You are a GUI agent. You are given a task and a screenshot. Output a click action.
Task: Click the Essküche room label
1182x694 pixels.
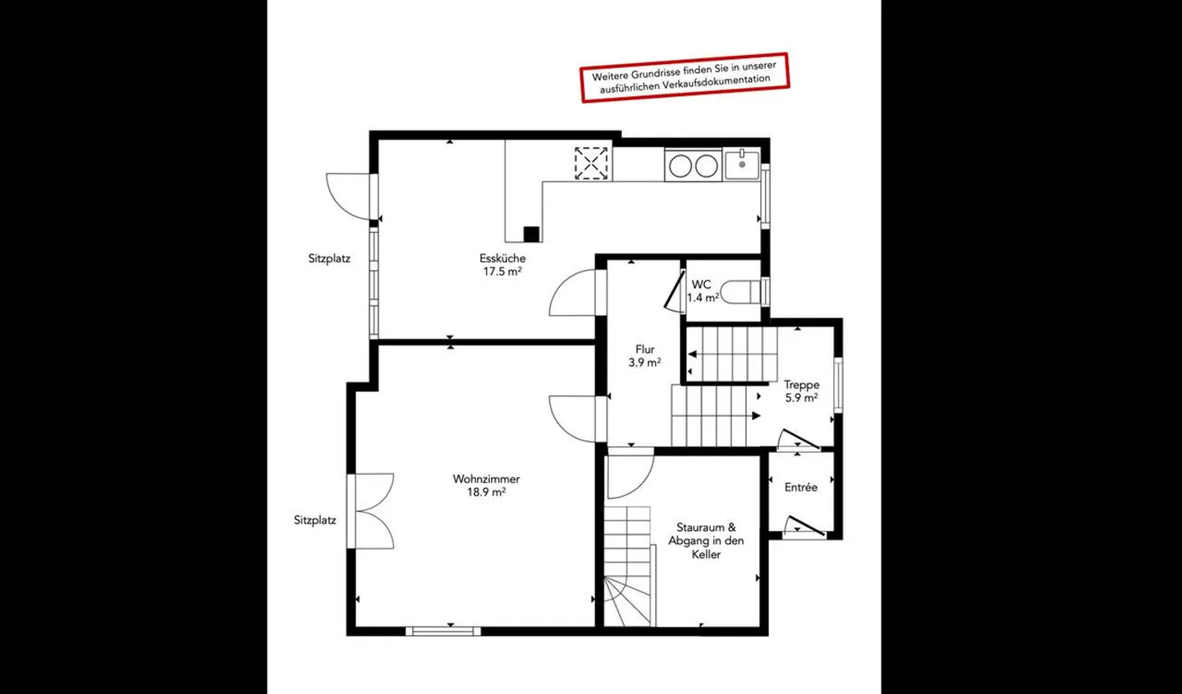(502, 258)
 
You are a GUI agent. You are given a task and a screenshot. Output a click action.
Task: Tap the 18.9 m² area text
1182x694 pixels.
(486, 492)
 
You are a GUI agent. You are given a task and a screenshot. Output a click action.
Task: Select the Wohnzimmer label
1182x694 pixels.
(486, 479)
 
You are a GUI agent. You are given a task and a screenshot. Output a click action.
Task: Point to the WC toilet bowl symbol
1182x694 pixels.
(740, 292)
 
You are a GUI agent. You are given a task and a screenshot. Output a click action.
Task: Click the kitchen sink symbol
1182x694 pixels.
(741, 165)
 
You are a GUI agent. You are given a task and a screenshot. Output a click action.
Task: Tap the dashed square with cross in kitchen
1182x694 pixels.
(591, 163)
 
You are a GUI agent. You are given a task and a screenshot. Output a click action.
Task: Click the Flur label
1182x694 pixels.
(645, 349)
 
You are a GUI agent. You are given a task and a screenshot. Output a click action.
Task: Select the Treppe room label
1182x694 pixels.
(801, 385)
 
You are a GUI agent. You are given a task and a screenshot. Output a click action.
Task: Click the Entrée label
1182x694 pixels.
(800, 487)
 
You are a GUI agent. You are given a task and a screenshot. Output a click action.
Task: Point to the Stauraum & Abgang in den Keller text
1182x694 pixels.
(706, 541)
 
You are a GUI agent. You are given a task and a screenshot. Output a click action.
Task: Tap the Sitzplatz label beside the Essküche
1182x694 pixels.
(329, 259)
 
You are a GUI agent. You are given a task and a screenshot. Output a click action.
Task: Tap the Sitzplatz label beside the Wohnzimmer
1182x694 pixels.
(315, 520)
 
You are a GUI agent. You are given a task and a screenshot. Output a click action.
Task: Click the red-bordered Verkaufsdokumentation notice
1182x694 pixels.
(685, 77)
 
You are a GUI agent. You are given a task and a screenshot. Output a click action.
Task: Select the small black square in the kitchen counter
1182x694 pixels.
(531, 234)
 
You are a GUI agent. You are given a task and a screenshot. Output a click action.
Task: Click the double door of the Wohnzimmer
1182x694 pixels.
(370, 511)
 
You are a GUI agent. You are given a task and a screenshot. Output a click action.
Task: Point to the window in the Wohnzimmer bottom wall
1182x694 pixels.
(443, 631)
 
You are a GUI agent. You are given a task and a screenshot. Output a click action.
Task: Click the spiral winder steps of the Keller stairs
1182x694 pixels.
(628, 601)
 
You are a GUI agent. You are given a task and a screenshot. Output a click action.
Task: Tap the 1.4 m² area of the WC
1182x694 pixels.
(703, 298)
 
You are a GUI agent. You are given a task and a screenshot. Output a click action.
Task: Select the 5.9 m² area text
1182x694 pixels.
(801, 398)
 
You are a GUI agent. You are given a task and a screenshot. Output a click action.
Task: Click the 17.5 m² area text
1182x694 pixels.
(502, 272)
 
